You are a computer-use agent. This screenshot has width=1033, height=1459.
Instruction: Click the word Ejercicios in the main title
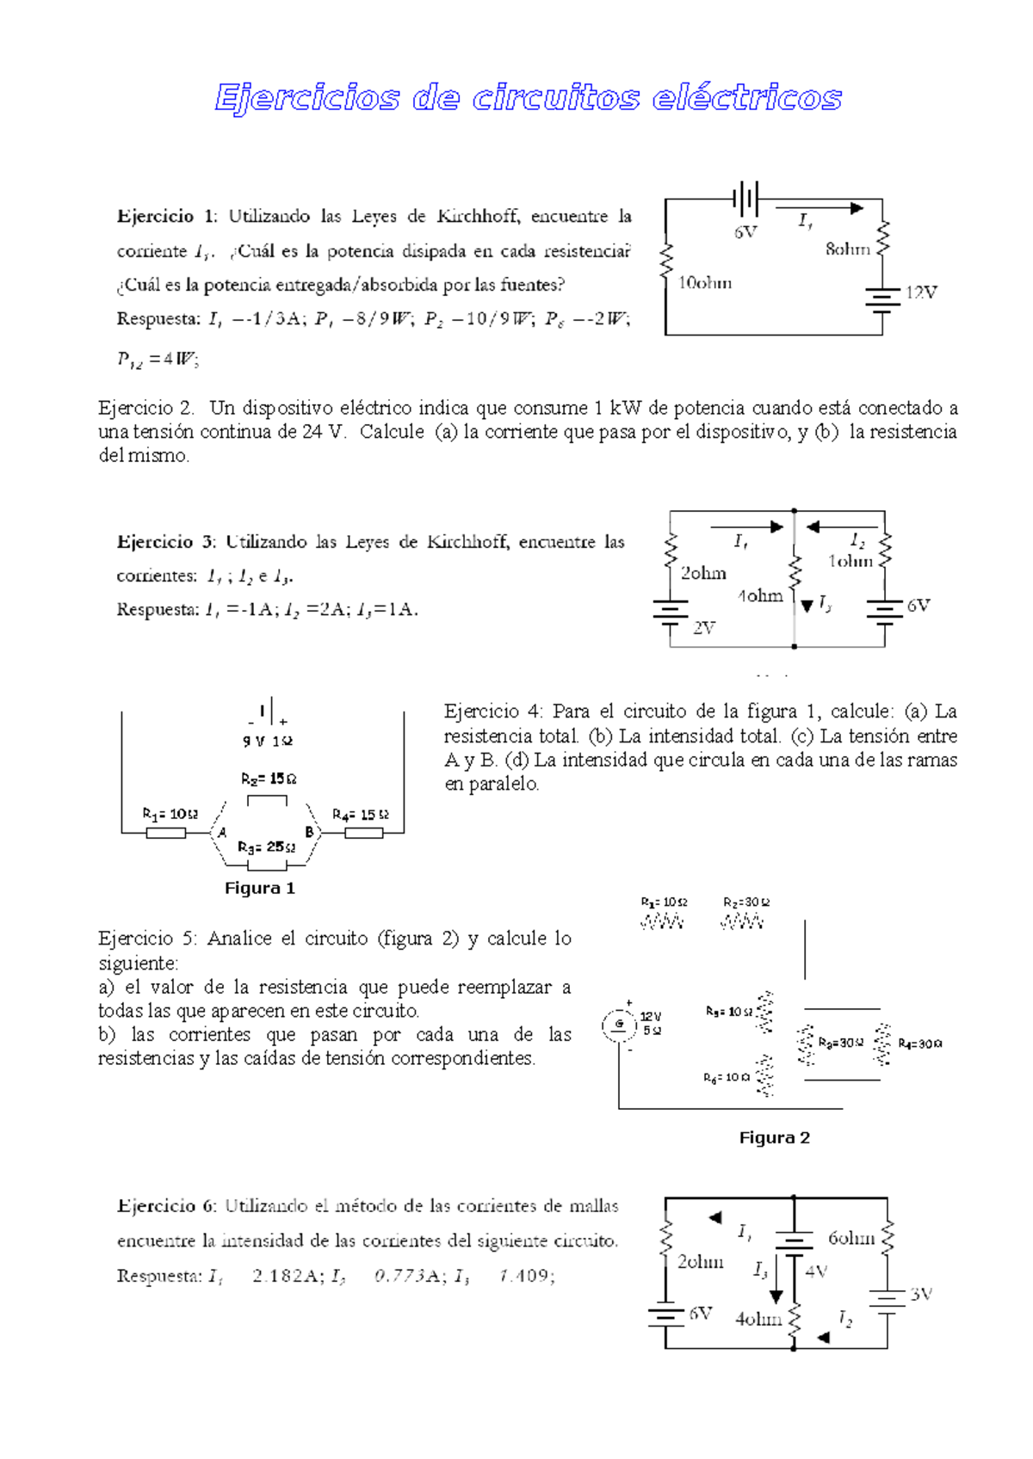[307, 98]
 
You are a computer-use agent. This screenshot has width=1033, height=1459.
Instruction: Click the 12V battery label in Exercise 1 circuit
[920, 292]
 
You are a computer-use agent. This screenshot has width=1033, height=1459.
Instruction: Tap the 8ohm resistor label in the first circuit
[847, 249]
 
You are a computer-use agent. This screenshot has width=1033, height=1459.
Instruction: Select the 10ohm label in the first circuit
[705, 283]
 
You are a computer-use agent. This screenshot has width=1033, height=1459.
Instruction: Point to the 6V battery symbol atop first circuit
[745, 200]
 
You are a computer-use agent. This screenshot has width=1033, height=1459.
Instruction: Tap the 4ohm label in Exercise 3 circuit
[759, 595]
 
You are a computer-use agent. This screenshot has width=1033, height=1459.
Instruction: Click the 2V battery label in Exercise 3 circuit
[704, 628]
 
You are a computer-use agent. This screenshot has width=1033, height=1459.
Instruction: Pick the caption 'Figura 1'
[259, 889]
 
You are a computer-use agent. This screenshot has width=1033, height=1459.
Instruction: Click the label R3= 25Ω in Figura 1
[266, 847]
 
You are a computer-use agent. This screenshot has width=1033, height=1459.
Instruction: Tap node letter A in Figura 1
[222, 833]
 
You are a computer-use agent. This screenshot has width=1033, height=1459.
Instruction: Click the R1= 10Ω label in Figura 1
[170, 814]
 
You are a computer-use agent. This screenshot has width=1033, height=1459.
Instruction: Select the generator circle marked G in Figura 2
[618, 1024]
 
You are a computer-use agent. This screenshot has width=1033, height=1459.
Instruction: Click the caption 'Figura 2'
[774, 1138]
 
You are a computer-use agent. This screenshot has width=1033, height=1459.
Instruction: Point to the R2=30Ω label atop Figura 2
[745, 902]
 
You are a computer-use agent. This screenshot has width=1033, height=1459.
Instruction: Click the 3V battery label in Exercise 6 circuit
[920, 1294]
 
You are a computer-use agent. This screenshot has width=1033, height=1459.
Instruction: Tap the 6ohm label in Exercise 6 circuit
[851, 1238]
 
